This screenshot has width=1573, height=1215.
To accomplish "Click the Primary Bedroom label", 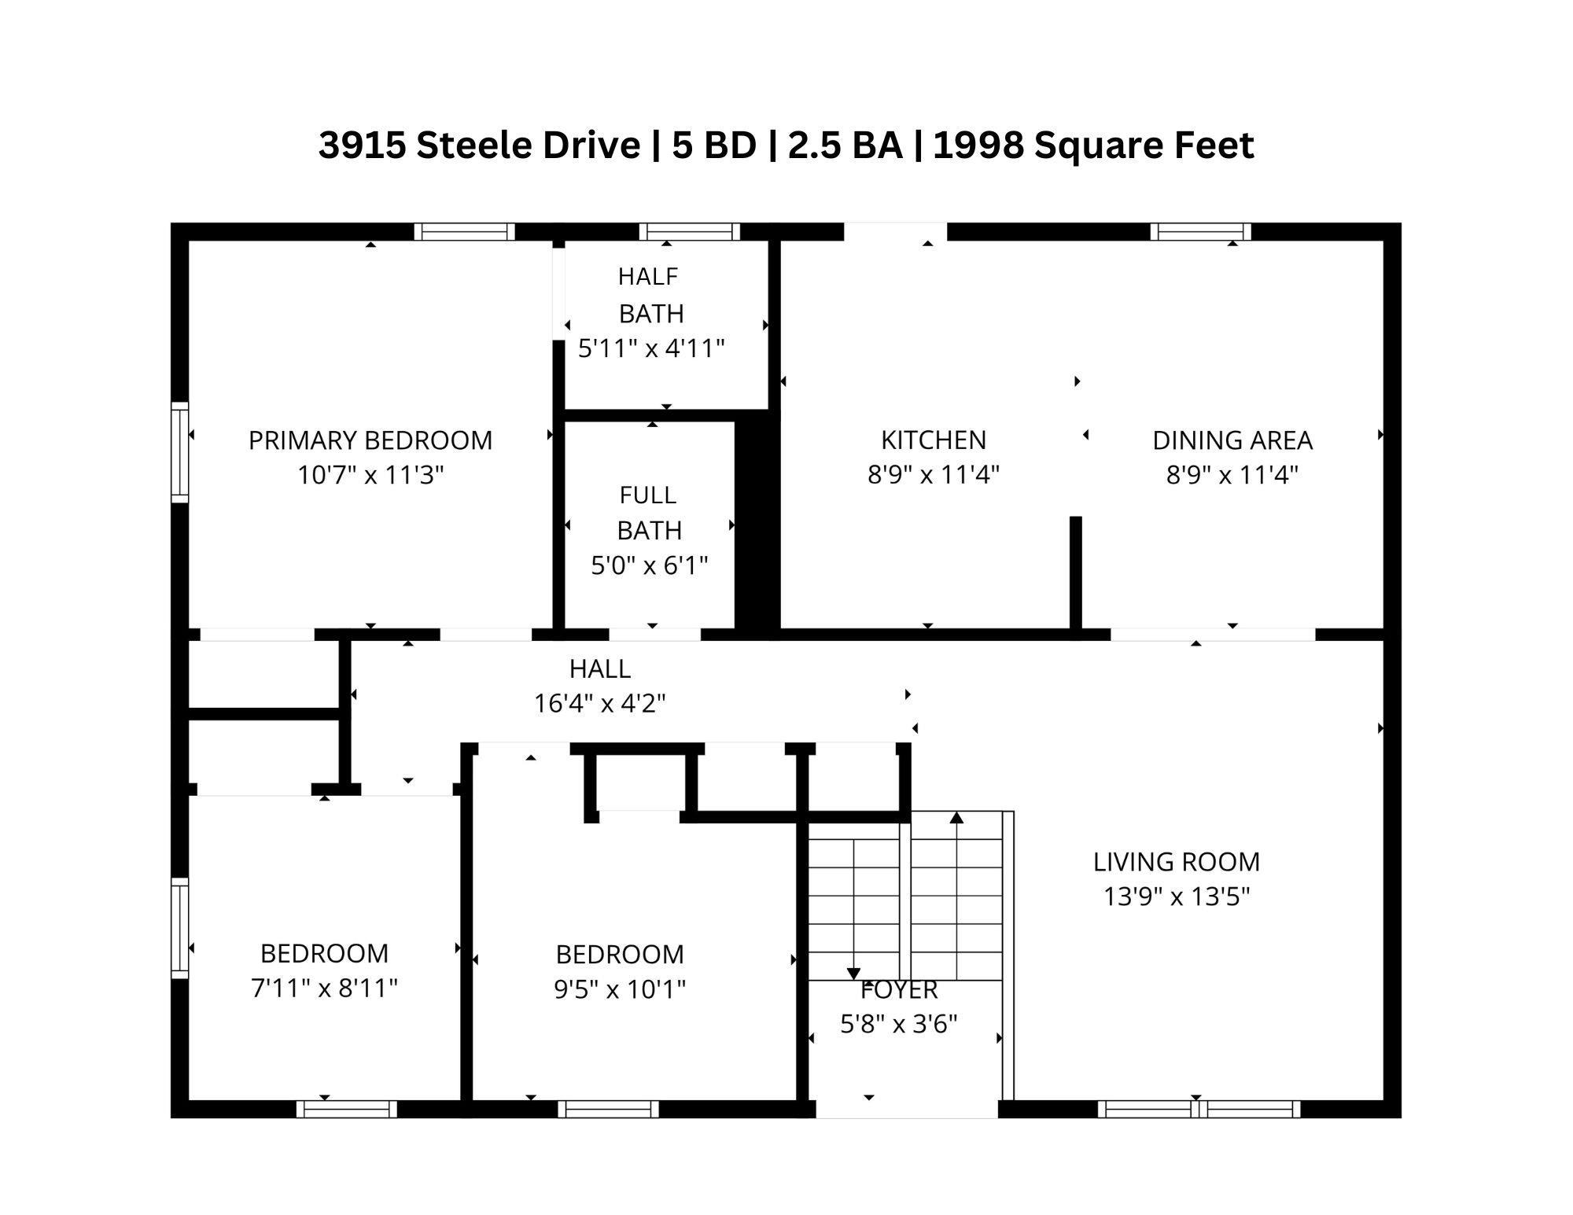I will [370, 440].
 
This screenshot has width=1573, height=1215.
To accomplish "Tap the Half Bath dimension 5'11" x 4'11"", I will [651, 348].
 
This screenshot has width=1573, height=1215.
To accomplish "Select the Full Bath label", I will [649, 513].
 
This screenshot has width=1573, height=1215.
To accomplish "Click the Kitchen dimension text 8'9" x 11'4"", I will [933, 475].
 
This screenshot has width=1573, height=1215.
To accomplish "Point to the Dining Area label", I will [1232, 440].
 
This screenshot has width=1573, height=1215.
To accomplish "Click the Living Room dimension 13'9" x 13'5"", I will [1176, 897].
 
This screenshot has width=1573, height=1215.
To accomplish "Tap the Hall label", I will [599, 669].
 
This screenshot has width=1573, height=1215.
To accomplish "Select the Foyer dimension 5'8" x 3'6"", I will [898, 1024].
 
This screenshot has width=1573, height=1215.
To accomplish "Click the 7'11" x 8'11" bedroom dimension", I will [324, 989].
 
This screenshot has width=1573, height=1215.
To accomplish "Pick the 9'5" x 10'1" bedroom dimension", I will [620, 989].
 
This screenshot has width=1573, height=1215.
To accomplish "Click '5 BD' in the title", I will [713, 145].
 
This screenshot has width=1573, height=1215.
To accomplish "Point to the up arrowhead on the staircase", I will [956, 818].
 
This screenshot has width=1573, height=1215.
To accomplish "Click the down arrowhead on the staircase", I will [853, 974].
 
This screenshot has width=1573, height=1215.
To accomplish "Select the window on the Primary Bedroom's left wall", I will [180, 452].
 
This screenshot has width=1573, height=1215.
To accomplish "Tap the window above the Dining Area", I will [1200, 232].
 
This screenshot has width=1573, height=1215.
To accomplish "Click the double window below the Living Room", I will [1199, 1110].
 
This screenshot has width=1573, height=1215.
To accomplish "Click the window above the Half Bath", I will [689, 232].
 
